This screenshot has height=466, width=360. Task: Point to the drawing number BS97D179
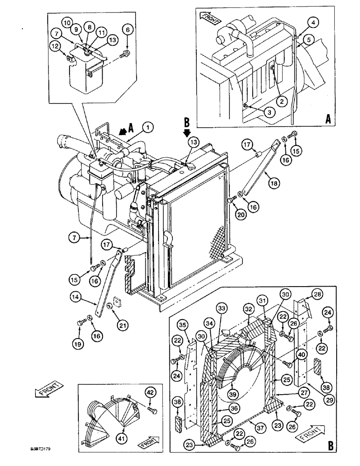pyautogui.click(x=41, y=449)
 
